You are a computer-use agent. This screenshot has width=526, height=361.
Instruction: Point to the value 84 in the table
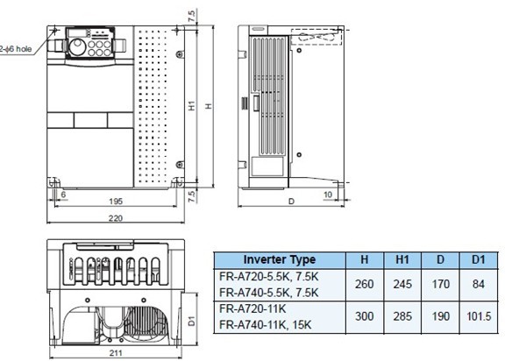(476, 284)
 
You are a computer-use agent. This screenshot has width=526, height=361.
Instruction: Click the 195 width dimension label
(115, 202)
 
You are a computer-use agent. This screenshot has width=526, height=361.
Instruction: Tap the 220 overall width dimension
(115, 219)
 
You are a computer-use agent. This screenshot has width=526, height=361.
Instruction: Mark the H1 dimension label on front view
(192, 105)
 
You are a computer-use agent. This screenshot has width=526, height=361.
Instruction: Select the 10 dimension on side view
(327, 193)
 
